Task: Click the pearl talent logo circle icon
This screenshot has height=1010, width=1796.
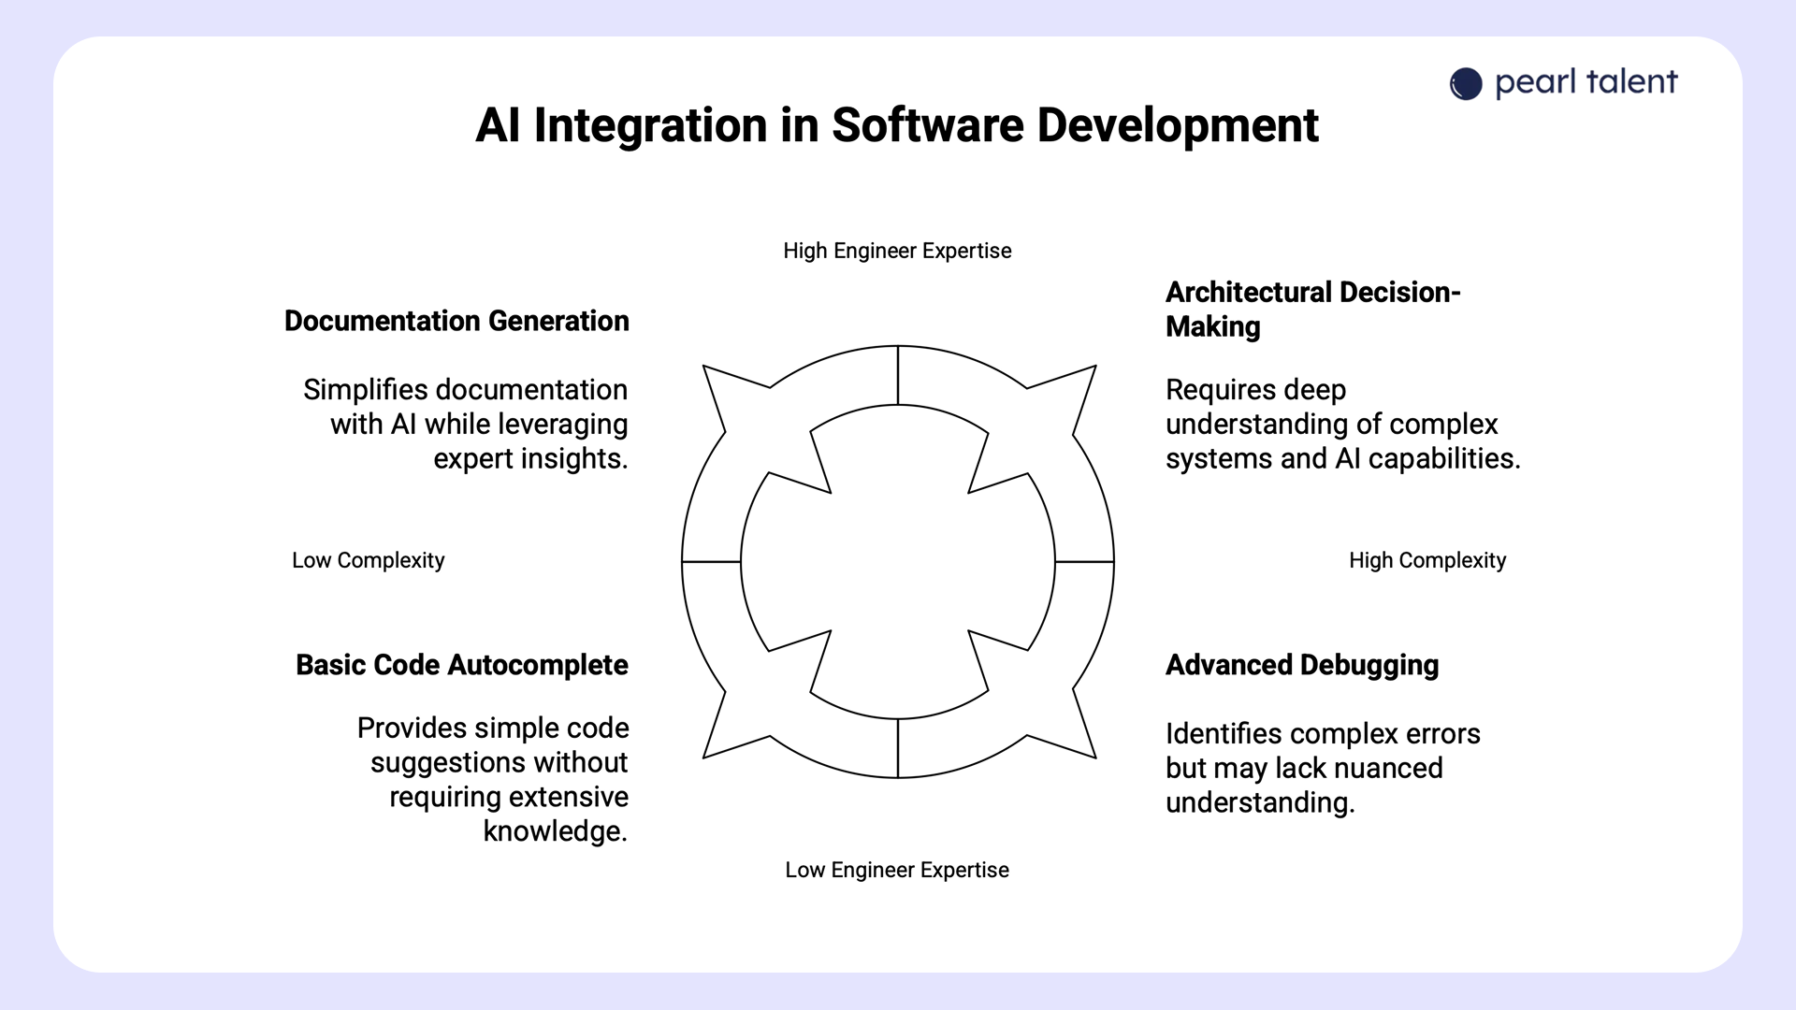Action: (x=1466, y=84)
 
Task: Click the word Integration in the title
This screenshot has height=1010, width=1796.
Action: (x=650, y=125)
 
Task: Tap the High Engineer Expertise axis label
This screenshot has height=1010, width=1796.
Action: (x=897, y=251)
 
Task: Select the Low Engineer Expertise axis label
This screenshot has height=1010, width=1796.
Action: (x=897, y=870)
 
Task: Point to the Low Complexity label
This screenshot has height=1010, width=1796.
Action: (x=368, y=560)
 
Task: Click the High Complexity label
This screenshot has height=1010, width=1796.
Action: (x=1427, y=560)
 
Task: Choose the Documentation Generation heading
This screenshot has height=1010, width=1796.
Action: (x=456, y=321)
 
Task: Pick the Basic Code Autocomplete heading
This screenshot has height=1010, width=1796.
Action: (x=462, y=665)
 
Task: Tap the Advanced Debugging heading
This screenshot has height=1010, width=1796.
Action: (x=1302, y=665)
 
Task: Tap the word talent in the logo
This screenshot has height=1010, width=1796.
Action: (x=1631, y=82)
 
